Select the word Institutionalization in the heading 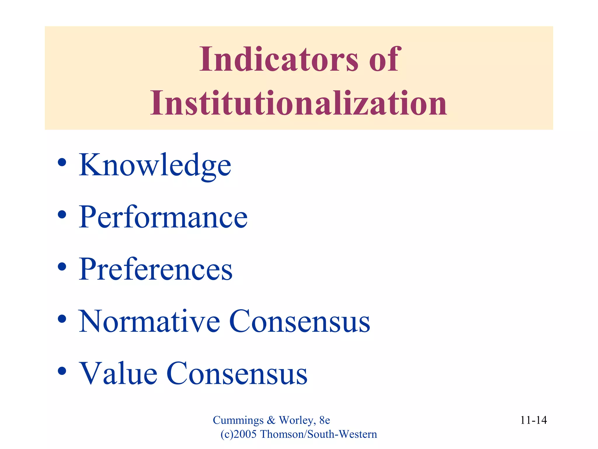coord(298,103)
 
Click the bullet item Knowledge coord(155,165)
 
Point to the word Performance coord(163,217)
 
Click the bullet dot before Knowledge coord(62,163)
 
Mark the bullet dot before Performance coord(62,215)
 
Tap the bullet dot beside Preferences coord(62,267)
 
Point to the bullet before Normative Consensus coord(62,319)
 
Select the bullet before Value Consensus coord(62,371)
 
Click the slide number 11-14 coord(533,420)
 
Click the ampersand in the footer coord(271,420)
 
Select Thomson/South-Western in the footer coord(319,434)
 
